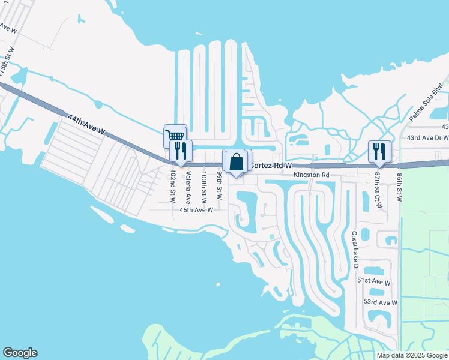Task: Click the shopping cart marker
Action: point(175,135)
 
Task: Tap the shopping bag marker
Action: point(237,161)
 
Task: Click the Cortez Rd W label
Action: point(270,165)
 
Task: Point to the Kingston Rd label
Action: point(312,175)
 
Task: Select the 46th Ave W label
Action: point(196,210)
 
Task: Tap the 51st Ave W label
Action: point(373,281)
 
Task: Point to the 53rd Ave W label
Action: point(381,303)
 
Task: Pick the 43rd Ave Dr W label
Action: point(427,138)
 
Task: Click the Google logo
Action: point(20,353)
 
